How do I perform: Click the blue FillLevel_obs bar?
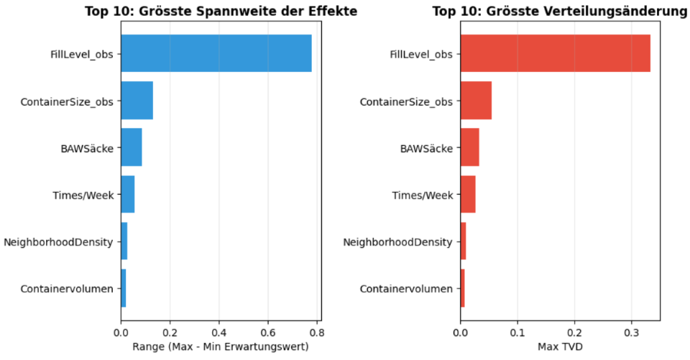click(x=216, y=53)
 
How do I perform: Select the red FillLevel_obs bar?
click(x=556, y=53)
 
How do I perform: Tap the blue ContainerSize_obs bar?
click(x=137, y=101)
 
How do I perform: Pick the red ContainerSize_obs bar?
click(x=476, y=101)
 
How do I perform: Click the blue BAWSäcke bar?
click(x=132, y=147)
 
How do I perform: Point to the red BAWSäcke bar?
click(x=470, y=147)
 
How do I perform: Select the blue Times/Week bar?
click(x=128, y=194)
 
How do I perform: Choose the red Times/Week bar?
click(x=468, y=194)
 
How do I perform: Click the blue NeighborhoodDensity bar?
click(x=124, y=241)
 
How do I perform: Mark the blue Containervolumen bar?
click(x=123, y=288)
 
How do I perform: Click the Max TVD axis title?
click(x=560, y=347)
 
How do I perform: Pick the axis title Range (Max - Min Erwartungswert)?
click(x=221, y=347)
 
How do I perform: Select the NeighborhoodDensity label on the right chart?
click(x=397, y=242)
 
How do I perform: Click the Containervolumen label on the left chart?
click(x=67, y=289)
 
